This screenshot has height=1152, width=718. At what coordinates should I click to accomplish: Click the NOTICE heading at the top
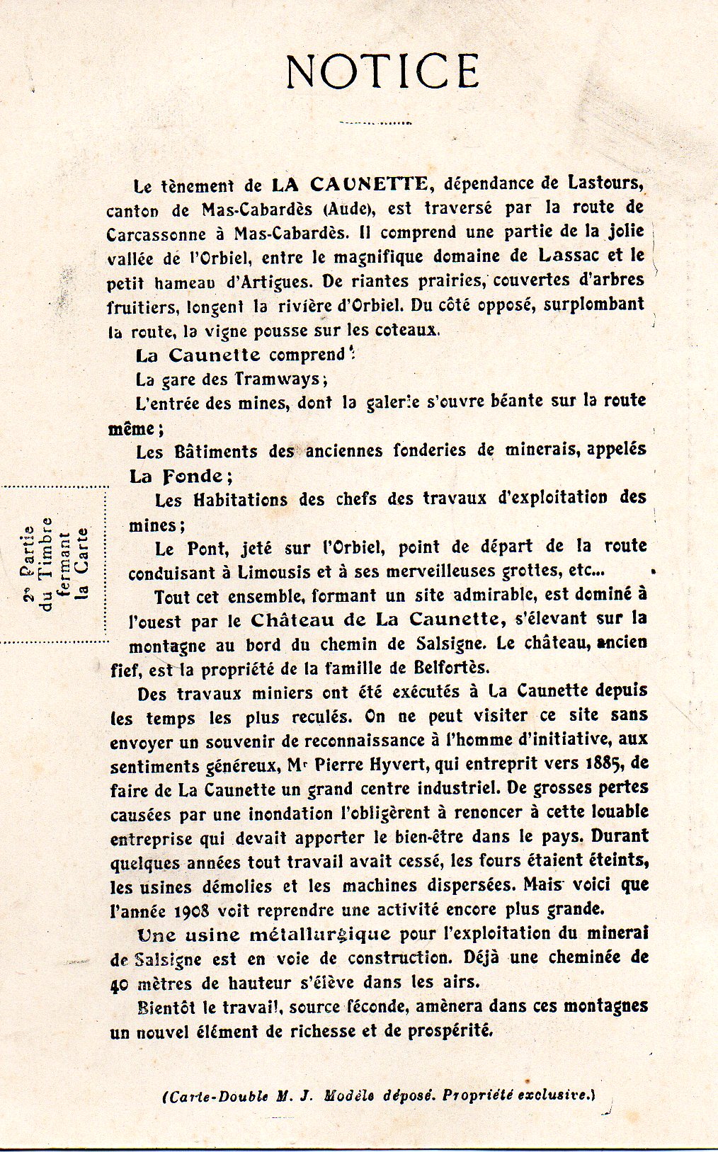point(383,71)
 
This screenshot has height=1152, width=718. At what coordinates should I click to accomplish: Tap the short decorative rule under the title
point(375,122)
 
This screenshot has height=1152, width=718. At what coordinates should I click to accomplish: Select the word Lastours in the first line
point(605,183)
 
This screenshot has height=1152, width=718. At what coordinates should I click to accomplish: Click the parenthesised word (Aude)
point(350,209)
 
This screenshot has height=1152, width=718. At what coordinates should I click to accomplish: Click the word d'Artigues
point(268,281)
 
